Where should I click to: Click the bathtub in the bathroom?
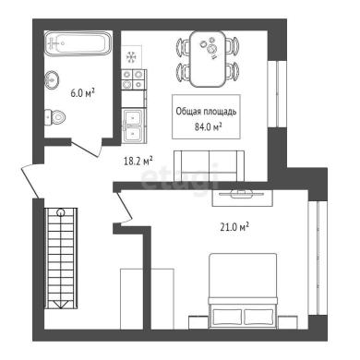[x=78, y=43]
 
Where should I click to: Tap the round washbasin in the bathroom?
[x=52, y=80]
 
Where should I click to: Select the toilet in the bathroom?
[x=54, y=117]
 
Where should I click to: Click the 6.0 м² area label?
[x=82, y=93]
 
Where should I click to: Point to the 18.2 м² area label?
[x=138, y=161]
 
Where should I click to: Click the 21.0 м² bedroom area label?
[x=234, y=227]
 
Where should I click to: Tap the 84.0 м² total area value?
[x=209, y=126]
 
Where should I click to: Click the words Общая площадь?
[x=206, y=112]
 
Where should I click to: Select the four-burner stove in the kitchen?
[x=134, y=79]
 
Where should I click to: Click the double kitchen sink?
[x=133, y=126]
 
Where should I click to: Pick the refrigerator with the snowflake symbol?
[x=132, y=57]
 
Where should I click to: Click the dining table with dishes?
[x=208, y=59]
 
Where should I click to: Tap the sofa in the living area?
[x=210, y=166]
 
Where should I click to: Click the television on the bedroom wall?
[x=242, y=194]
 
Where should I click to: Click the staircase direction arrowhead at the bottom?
[x=61, y=305]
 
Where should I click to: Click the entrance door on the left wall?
[x=30, y=181]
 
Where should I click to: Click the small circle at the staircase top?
[x=61, y=212]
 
